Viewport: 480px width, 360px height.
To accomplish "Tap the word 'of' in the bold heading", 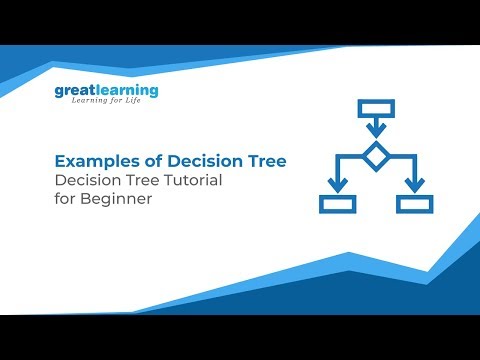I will (x=143, y=160).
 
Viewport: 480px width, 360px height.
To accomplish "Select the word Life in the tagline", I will (x=145, y=105).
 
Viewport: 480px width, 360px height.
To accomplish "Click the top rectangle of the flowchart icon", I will (x=374, y=110).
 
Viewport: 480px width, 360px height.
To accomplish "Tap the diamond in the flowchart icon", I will (x=375, y=157).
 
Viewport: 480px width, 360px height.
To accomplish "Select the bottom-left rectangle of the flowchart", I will (x=337, y=204).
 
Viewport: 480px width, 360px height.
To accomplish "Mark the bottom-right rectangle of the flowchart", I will (x=413, y=204).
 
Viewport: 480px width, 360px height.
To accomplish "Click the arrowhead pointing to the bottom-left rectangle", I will (x=337, y=185).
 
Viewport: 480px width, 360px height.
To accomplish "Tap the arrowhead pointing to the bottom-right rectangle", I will (x=413, y=185).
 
